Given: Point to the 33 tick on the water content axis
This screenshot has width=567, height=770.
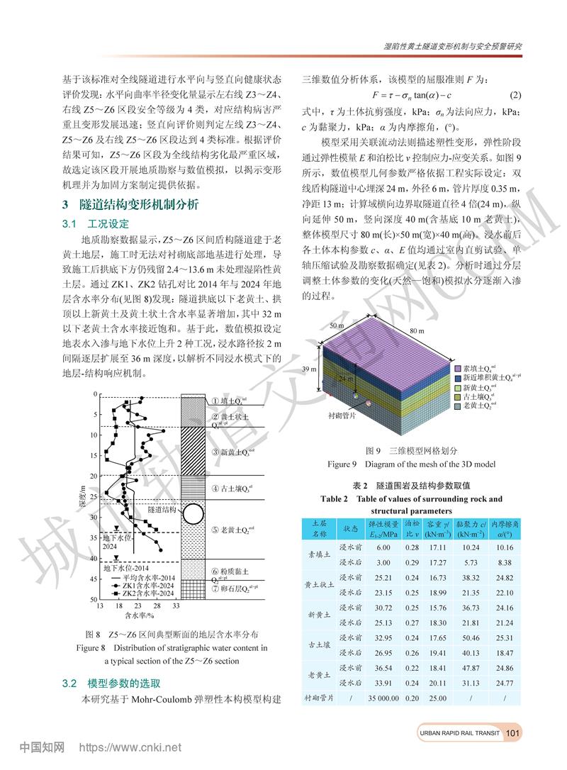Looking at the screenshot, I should tap(176, 608).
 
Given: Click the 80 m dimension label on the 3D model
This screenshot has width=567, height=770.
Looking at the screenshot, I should tap(416, 331).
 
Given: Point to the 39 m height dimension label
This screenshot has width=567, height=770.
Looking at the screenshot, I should tap(309, 370).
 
